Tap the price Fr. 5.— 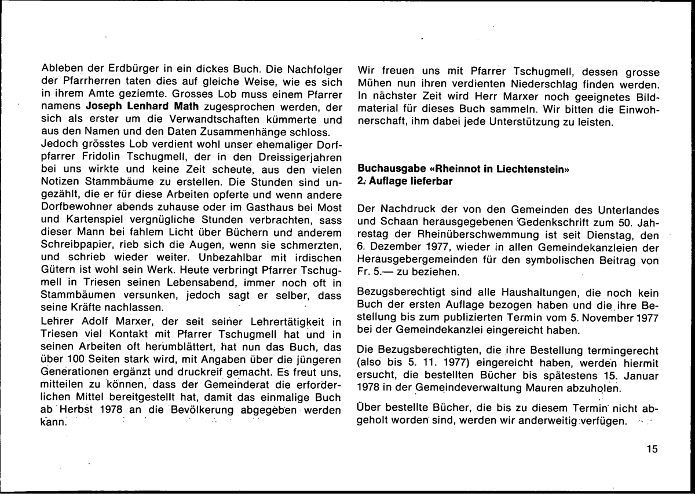(x=377, y=271)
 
